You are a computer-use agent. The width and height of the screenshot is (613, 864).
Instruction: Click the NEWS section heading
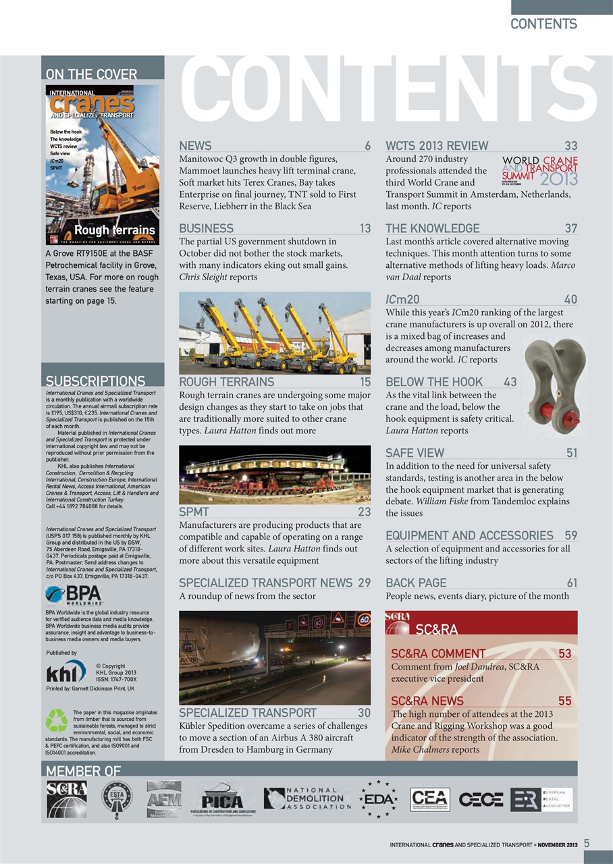(195, 146)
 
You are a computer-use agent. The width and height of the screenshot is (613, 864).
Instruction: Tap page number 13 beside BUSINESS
(365, 228)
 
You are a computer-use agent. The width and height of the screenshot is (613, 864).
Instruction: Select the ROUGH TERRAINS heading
(217, 382)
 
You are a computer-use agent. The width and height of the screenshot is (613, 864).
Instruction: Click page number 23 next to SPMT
(364, 512)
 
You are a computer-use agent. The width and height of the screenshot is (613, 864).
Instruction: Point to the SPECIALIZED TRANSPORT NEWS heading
(265, 583)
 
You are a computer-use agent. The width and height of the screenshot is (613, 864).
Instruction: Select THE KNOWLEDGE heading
(432, 228)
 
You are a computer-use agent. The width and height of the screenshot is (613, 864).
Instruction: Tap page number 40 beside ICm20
(570, 299)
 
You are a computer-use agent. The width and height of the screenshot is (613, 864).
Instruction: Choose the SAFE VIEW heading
(415, 452)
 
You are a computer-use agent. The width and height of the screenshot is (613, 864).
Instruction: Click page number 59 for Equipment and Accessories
(570, 536)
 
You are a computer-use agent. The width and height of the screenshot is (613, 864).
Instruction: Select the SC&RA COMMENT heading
(438, 653)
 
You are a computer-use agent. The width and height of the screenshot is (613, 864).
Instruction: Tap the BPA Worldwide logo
(72, 595)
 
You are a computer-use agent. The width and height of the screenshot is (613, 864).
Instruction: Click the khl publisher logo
(65, 672)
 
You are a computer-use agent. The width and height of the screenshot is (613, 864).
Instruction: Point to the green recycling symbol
(57, 721)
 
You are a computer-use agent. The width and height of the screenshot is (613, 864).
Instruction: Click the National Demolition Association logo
(307, 799)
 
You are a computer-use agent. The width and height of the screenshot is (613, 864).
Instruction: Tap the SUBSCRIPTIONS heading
(95, 381)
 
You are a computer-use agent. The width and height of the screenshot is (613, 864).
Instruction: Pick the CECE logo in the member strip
(481, 799)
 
